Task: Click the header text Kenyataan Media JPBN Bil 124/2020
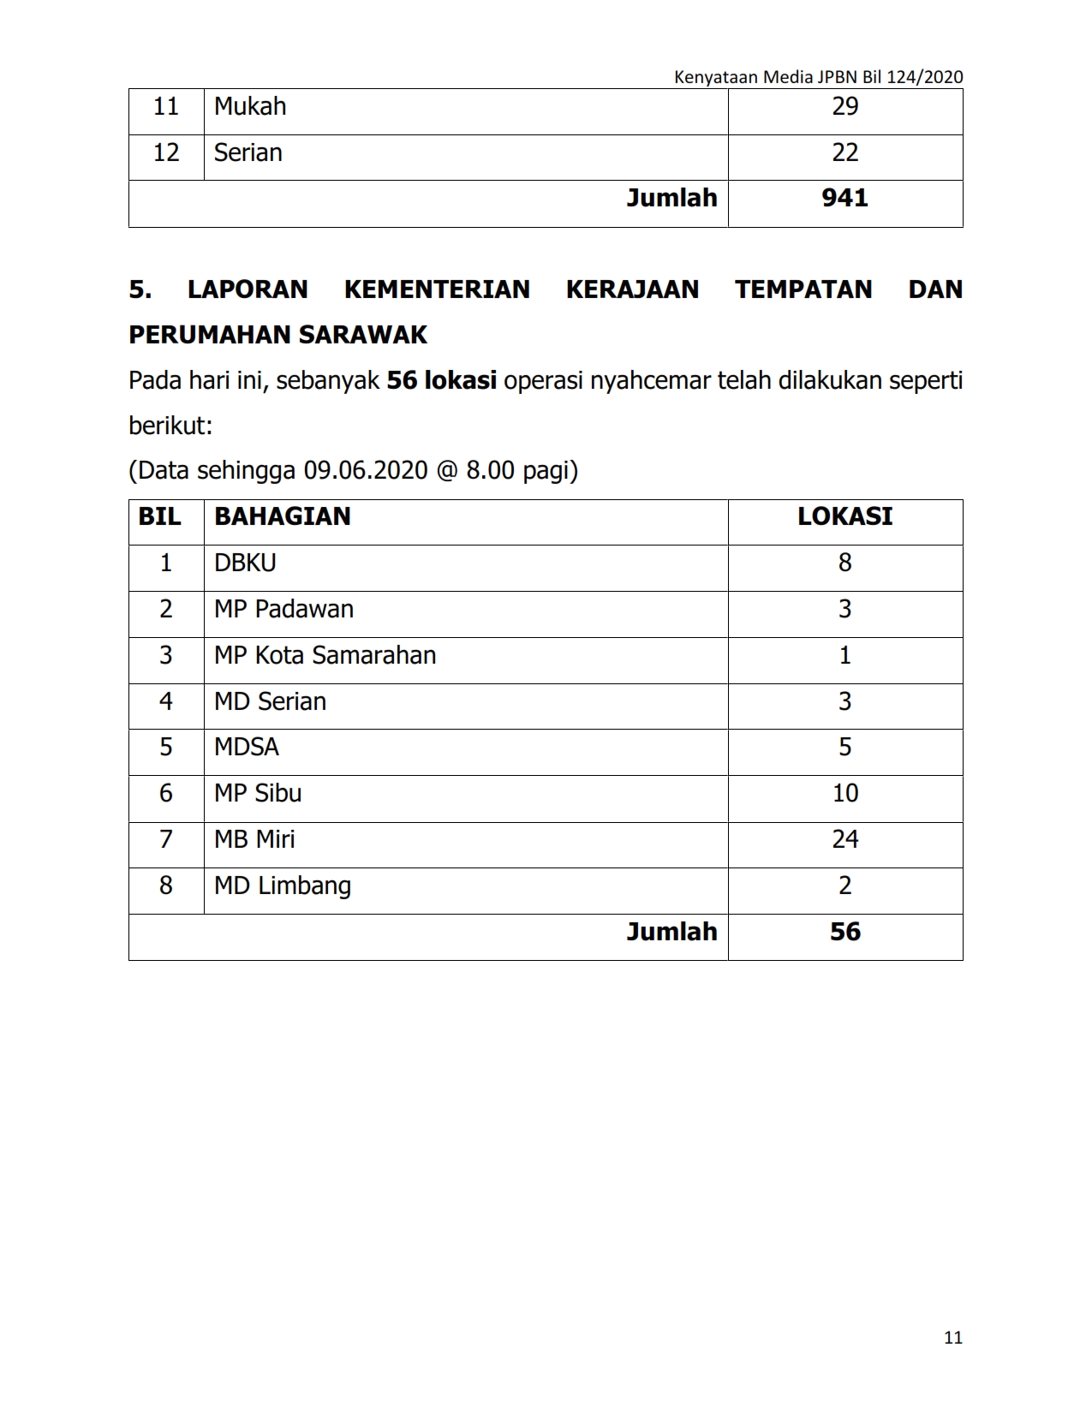818,77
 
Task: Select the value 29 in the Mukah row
844,107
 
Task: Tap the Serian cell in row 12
248,153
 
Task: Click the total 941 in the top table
844,199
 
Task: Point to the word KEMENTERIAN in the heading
437,289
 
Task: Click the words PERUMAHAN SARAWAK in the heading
277,335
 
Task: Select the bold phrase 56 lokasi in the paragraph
441,380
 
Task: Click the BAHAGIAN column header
283,517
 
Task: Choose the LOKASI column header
844,517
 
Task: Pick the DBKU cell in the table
245,563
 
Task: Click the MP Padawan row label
283,610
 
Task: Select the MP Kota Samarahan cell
325,656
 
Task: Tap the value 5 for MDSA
844,748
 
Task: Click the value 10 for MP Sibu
844,794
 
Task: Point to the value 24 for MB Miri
844,839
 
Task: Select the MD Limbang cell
283,885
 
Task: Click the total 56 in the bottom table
844,933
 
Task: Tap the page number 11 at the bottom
953,1338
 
